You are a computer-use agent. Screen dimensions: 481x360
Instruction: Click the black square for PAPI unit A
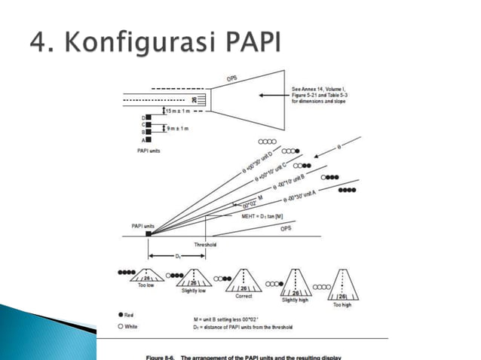(149, 139)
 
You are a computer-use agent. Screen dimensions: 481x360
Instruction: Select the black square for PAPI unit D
(149, 117)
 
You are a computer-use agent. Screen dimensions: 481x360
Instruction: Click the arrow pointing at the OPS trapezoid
(268, 96)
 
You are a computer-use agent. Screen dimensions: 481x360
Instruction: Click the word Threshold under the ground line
(206, 244)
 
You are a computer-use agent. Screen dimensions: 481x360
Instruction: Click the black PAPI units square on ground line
(149, 233)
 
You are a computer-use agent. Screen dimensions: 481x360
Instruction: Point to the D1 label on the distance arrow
(178, 256)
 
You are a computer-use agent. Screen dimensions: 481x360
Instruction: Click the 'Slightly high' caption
(295, 300)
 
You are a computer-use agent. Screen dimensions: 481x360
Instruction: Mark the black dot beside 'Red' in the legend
(121, 312)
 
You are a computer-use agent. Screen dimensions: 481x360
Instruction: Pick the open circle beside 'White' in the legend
(121, 325)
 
